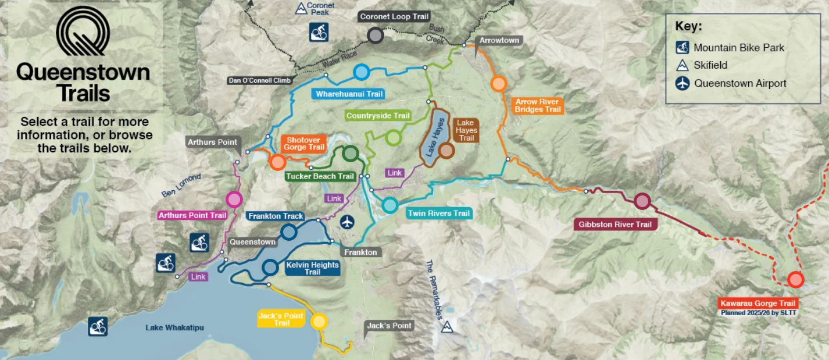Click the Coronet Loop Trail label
pyautogui.click(x=394, y=17)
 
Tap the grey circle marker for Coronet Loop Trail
pyautogui.click(x=376, y=35)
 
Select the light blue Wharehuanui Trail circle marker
pyautogui.click(x=362, y=72)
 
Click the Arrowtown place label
pyautogui.click(x=498, y=41)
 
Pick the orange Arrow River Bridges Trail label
pyautogui.click(x=537, y=106)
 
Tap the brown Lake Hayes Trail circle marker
pyautogui.click(x=446, y=151)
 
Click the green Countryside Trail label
pyautogui.click(x=378, y=116)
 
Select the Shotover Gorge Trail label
pyautogui.click(x=304, y=144)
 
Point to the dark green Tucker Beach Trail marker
pyautogui.click(x=350, y=154)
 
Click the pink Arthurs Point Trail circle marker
pyautogui.click(x=234, y=199)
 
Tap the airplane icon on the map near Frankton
pyautogui.click(x=348, y=222)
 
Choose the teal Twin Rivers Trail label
pyautogui.click(x=438, y=213)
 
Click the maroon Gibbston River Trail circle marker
pyautogui.click(x=642, y=201)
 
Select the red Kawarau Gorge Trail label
pyautogui.click(x=757, y=304)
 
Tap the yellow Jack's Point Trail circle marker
pyautogui.click(x=319, y=322)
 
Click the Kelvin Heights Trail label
pyautogui.click(x=312, y=268)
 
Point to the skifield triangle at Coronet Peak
pyautogui.click(x=301, y=8)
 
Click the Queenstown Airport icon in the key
pyautogui.click(x=682, y=83)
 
